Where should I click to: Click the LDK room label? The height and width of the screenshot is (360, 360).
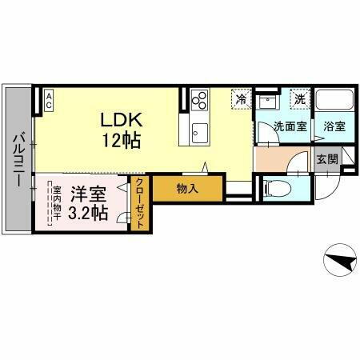tap(121, 119)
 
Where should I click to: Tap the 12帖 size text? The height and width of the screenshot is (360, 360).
tap(121, 142)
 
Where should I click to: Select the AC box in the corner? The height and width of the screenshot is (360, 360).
tap(48, 99)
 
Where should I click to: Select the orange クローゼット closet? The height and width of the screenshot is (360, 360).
tap(139, 203)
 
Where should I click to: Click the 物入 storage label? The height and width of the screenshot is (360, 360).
tap(187, 190)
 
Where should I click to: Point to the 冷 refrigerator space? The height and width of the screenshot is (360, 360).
tap(241, 99)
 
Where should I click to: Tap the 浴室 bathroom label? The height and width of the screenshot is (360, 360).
tap(334, 126)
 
